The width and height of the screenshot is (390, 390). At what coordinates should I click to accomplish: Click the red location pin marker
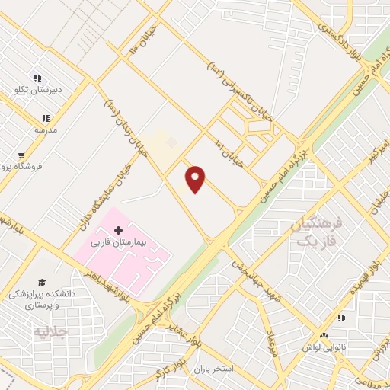(196, 179)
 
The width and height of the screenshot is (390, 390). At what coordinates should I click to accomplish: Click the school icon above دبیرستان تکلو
(37, 78)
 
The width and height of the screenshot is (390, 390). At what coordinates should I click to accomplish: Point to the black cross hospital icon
(118, 229)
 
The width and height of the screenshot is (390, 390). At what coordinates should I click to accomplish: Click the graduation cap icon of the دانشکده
(41, 281)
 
